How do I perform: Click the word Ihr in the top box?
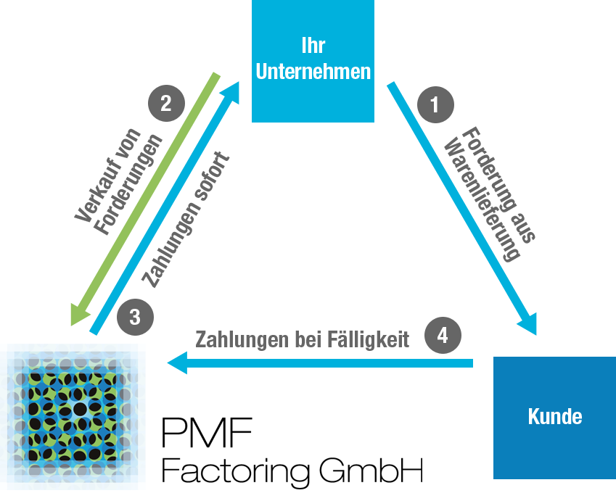(313, 46)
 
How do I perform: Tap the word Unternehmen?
(313, 72)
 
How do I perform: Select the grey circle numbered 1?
(435, 105)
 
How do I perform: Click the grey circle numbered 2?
(166, 103)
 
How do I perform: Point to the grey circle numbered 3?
(135, 317)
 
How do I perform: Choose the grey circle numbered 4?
(443, 336)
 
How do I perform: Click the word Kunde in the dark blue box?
(554, 418)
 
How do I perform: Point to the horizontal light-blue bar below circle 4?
(319, 363)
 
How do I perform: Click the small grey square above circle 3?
(156, 273)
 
